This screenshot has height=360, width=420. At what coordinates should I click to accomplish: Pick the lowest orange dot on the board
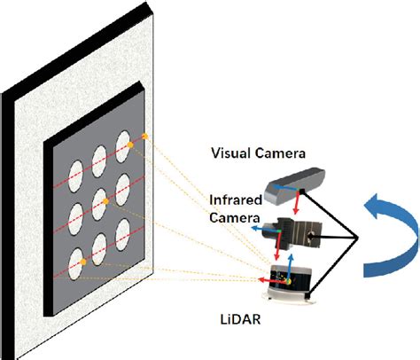point(82,262)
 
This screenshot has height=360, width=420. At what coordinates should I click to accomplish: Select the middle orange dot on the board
point(106,201)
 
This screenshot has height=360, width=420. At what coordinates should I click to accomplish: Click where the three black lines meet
point(355,238)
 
